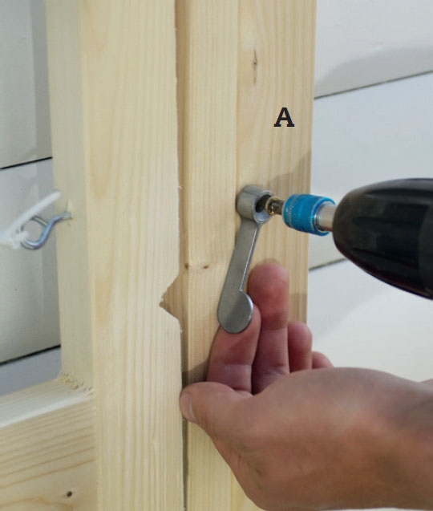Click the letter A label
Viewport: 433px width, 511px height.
284,118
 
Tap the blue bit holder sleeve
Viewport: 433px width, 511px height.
307,213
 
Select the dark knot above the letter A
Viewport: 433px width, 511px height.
254,61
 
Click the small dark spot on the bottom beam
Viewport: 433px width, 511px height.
69,494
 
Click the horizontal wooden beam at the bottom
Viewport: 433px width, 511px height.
49,447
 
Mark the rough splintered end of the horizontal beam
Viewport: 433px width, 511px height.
75,383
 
